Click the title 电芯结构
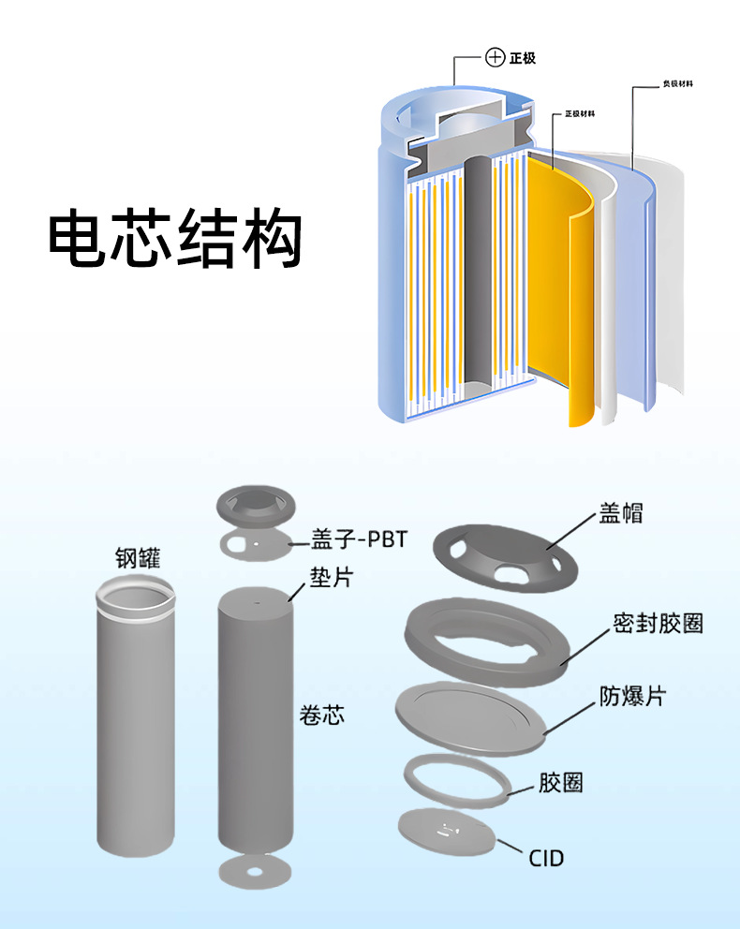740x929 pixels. click(x=175, y=241)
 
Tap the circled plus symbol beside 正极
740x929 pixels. click(x=496, y=58)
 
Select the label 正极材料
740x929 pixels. click(x=580, y=114)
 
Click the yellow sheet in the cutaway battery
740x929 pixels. click(x=562, y=281)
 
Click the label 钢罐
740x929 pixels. click(x=137, y=559)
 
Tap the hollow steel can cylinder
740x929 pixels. click(x=136, y=721)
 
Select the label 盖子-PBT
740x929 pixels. click(x=360, y=541)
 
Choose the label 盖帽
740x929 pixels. click(x=621, y=513)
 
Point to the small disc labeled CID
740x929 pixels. click(x=446, y=832)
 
